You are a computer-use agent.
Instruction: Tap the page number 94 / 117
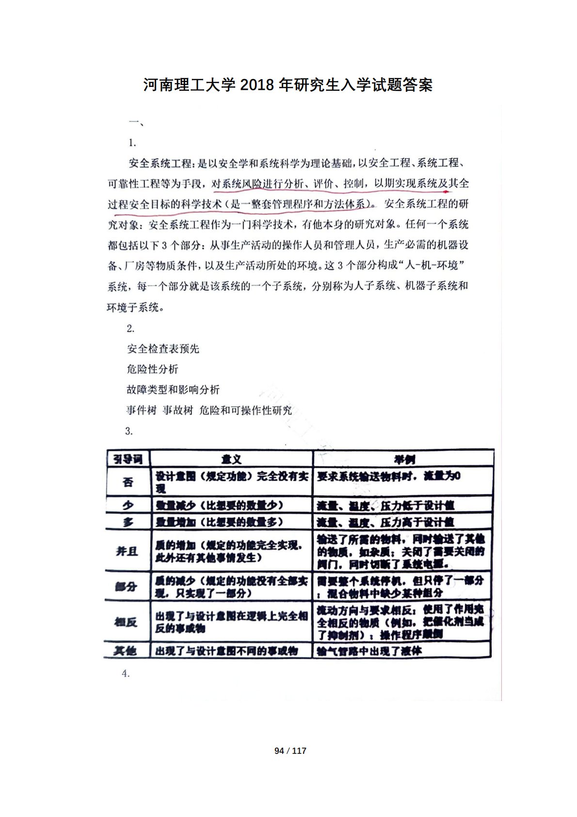(x=290, y=750)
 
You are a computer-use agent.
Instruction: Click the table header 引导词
(x=128, y=459)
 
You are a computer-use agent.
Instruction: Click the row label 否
(x=128, y=482)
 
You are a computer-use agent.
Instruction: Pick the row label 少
(x=128, y=505)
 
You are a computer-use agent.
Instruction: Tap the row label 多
(x=128, y=522)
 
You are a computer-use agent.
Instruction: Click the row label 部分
(x=126, y=587)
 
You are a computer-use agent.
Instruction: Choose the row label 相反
(x=126, y=622)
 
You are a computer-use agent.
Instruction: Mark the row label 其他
(x=125, y=650)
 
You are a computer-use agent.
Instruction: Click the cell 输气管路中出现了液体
(x=369, y=651)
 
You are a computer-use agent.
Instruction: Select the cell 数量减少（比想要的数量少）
(x=219, y=505)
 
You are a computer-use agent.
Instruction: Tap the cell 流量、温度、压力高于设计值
(x=385, y=522)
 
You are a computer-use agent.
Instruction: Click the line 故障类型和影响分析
(x=173, y=389)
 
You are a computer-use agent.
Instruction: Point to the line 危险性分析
(x=152, y=369)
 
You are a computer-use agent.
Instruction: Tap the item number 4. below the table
(x=126, y=673)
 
